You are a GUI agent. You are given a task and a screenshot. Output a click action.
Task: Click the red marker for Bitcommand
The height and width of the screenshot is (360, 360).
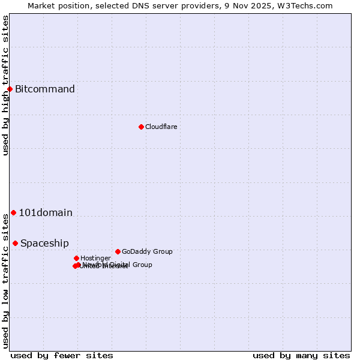[10, 89]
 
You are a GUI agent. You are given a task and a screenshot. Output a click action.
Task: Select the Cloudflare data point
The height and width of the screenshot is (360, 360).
[141, 127]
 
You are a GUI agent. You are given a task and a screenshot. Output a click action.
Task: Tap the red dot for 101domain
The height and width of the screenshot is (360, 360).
[13, 212]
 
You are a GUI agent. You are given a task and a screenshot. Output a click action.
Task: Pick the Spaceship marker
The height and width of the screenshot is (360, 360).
[15, 243]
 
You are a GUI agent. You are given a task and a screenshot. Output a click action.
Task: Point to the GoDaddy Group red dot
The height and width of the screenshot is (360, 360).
[118, 251]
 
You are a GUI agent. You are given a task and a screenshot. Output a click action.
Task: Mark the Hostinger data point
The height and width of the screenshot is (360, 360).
[76, 258]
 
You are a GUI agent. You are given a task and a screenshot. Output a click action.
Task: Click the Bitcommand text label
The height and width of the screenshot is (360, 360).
[45, 89]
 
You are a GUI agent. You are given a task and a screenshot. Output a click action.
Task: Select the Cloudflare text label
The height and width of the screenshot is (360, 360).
[161, 127]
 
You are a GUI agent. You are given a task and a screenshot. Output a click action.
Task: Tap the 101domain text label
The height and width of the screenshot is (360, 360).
[46, 212]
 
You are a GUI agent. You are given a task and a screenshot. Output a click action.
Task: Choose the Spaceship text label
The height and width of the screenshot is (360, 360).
[44, 243]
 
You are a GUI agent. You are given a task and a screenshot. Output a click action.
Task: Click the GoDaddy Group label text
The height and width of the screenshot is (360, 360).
[147, 251]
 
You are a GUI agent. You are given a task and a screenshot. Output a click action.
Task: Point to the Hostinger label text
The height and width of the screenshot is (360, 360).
[95, 258]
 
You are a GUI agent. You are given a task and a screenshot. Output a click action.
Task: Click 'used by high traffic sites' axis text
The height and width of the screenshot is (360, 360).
[5, 85]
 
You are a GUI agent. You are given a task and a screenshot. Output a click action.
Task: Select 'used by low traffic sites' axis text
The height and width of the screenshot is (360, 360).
[5, 280]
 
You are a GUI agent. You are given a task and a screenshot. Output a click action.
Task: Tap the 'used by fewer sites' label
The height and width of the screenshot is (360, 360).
[62, 355]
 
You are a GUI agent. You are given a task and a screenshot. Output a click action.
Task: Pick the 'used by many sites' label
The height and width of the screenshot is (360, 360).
[301, 355]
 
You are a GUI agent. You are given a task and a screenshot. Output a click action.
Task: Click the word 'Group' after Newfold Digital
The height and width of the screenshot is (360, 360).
[142, 265]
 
